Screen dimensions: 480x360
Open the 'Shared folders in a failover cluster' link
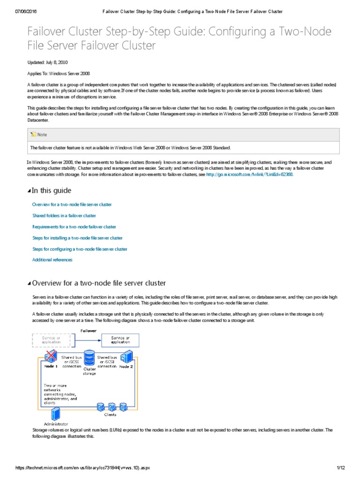pyautogui.click(x=64, y=216)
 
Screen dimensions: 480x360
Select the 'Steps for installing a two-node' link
pyautogui.click(x=77, y=238)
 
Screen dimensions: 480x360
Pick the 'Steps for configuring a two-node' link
pyautogui.click(x=80, y=249)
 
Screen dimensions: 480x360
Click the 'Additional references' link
pyautogui.click(x=52, y=260)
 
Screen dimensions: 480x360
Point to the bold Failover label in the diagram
pyautogui.click(x=89, y=330)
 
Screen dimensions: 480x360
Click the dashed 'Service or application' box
pyautogui.click(x=51, y=340)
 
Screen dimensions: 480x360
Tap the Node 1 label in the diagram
pyautogui.click(x=51, y=367)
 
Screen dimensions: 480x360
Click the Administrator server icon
pyautogui.click(x=56, y=413)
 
